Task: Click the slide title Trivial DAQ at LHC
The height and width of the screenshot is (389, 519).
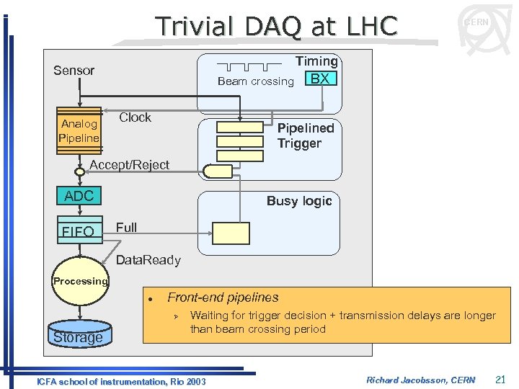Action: click(277, 27)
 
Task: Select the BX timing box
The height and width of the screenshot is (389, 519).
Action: click(321, 78)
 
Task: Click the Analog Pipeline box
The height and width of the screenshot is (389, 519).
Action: click(79, 130)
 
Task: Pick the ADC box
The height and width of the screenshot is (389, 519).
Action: click(79, 196)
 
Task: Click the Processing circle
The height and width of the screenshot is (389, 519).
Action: click(80, 281)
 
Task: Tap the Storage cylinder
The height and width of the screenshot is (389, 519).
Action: click(78, 336)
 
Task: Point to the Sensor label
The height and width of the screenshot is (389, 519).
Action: click(74, 71)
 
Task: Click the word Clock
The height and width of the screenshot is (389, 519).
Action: click(135, 117)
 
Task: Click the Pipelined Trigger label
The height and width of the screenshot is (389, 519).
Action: click(306, 135)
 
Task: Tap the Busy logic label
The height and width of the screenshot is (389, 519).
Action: click(299, 201)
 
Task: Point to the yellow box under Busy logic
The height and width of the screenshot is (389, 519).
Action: click(231, 233)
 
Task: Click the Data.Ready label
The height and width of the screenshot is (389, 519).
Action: click(148, 260)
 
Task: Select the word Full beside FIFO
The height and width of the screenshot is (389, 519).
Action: click(126, 228)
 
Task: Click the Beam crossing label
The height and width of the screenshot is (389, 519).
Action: click(255, 81)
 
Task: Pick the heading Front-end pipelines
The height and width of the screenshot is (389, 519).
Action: click(223, 298)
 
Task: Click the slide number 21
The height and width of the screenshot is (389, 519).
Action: click(501, 380)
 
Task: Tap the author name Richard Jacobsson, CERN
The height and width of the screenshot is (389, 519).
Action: click(420, 380)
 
